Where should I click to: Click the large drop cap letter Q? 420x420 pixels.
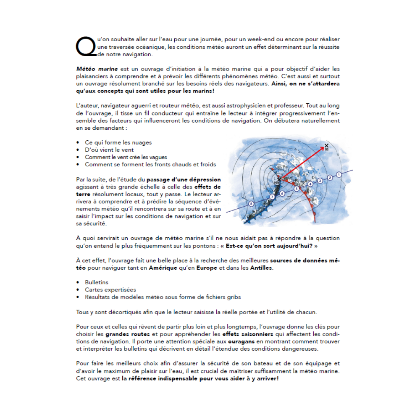coord(86,46)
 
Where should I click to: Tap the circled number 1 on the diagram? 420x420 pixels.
coord(339,174)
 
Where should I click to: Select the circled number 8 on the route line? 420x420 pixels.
coord(251,204)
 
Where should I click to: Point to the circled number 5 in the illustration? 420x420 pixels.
coord(296,189)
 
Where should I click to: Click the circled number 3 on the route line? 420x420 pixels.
coord(320,181)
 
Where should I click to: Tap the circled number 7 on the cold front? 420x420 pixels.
coord(272,197)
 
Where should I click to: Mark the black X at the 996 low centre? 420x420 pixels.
coord(279,179)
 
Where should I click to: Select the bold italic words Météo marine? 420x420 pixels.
coord(97,68)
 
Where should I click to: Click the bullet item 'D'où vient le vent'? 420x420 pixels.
coord(109,150)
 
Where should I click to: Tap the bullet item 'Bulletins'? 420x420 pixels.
coord(97,283)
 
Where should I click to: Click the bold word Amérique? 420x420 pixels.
coord(163,268)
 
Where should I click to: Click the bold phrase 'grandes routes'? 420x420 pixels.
coord(128,334)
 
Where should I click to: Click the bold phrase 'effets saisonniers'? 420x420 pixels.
coord(248,334)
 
